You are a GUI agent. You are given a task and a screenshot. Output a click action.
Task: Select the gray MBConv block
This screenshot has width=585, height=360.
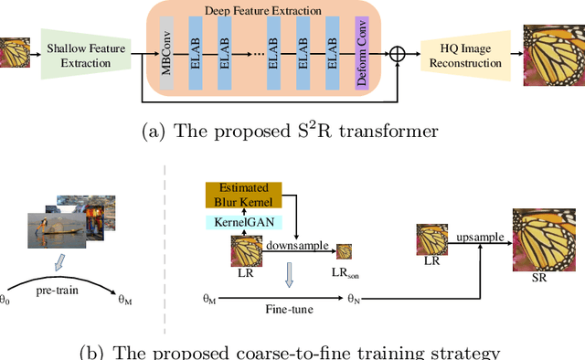(166, 55)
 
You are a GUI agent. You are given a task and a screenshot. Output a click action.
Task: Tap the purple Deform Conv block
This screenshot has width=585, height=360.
(360, 55)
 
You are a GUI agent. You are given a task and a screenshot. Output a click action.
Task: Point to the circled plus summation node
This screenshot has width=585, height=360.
(397, 55)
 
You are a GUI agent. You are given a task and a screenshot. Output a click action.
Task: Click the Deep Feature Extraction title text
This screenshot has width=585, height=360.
(263, 12)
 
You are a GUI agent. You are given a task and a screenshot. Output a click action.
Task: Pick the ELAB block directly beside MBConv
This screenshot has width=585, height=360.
(195, 55)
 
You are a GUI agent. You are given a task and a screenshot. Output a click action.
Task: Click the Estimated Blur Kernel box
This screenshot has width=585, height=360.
(241, 194)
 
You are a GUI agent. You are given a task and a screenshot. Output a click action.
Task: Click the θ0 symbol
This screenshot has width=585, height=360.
(6, 298)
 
